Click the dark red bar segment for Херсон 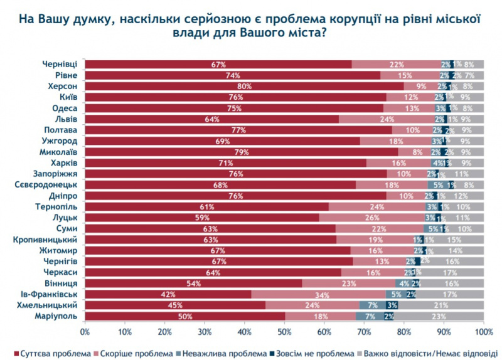pos(244,87)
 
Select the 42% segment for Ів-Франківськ pos(168,294)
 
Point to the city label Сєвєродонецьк pos(46,185)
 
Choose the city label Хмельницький pos(49,305)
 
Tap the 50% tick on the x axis pos(284,330)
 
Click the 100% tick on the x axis pos(483,330)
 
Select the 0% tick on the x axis pos(85,330)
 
